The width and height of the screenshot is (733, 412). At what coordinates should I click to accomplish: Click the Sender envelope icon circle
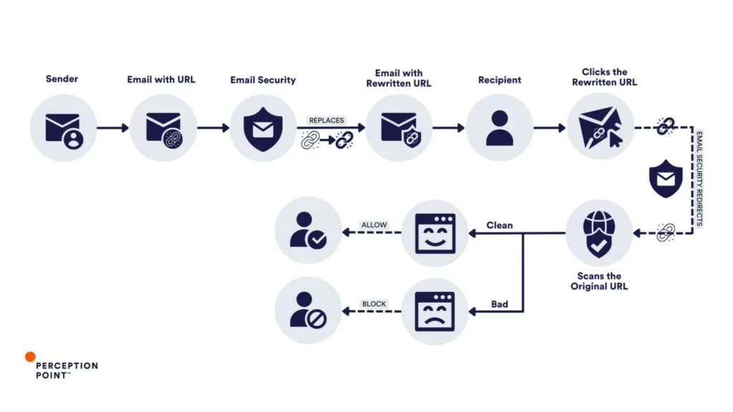coord(63,128)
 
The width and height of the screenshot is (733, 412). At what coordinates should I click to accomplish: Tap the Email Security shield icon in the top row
coord(263,128)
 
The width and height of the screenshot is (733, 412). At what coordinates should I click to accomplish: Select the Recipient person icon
coord(500,128)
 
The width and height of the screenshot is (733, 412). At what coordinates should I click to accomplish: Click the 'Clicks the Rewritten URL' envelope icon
coord(600,128)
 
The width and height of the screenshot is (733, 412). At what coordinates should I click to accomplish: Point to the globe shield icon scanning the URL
coord(598,233)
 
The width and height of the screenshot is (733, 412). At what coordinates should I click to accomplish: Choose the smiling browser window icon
coord(435,233)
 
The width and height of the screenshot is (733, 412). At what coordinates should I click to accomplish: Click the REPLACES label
coord(326,121)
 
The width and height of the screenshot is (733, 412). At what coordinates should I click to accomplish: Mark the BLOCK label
coord(374,304)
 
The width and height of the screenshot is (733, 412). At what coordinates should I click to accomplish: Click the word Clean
coord(500,225)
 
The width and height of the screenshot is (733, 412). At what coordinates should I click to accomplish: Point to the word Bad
coord(500,304)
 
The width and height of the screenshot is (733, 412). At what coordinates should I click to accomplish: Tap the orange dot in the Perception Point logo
coord(30,356)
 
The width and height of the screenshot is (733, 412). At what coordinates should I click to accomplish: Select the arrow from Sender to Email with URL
coord(113,128)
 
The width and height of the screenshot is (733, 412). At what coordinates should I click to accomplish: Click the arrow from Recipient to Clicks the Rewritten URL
coord(550,128)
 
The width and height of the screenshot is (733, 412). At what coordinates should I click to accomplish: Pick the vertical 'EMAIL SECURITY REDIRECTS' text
coord(699,179)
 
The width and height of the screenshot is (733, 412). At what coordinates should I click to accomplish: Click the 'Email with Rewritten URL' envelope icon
coord(399,128)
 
